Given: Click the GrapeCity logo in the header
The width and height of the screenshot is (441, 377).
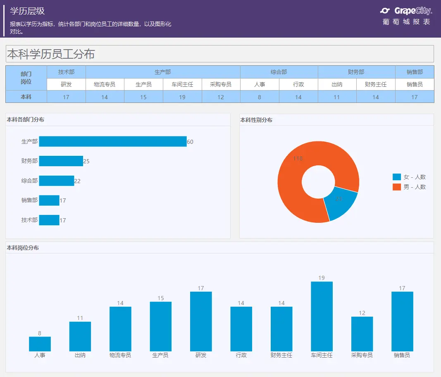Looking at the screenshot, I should point(406,11).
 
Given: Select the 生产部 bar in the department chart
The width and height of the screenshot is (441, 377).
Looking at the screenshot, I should point(112,141).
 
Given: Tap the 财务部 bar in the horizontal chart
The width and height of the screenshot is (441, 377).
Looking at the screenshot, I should point(61,161).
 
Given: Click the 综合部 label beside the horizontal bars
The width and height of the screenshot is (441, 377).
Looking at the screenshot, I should point(29,181).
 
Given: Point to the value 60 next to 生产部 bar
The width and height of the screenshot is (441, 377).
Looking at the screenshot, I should point(190,142).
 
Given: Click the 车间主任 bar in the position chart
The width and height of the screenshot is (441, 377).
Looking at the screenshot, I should point(322,316).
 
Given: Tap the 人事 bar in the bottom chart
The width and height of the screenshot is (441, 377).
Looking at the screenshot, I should point(40,344).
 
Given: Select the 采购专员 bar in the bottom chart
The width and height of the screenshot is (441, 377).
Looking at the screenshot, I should point(362,334).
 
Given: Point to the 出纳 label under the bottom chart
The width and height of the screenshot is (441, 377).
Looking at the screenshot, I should point(80,355).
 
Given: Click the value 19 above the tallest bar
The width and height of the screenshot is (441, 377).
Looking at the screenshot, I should point(322,278).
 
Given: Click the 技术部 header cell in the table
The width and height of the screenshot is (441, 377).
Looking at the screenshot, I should point(66,72).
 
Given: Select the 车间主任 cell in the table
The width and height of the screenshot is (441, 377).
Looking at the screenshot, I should point(182,84).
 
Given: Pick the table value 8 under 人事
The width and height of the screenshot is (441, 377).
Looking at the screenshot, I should point(260,97).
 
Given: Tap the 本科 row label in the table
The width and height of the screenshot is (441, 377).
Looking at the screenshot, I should point(26,97).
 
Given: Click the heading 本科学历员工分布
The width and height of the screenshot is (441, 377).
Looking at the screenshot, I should point(51,54).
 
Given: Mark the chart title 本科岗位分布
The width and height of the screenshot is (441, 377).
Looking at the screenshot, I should point(23,248).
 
